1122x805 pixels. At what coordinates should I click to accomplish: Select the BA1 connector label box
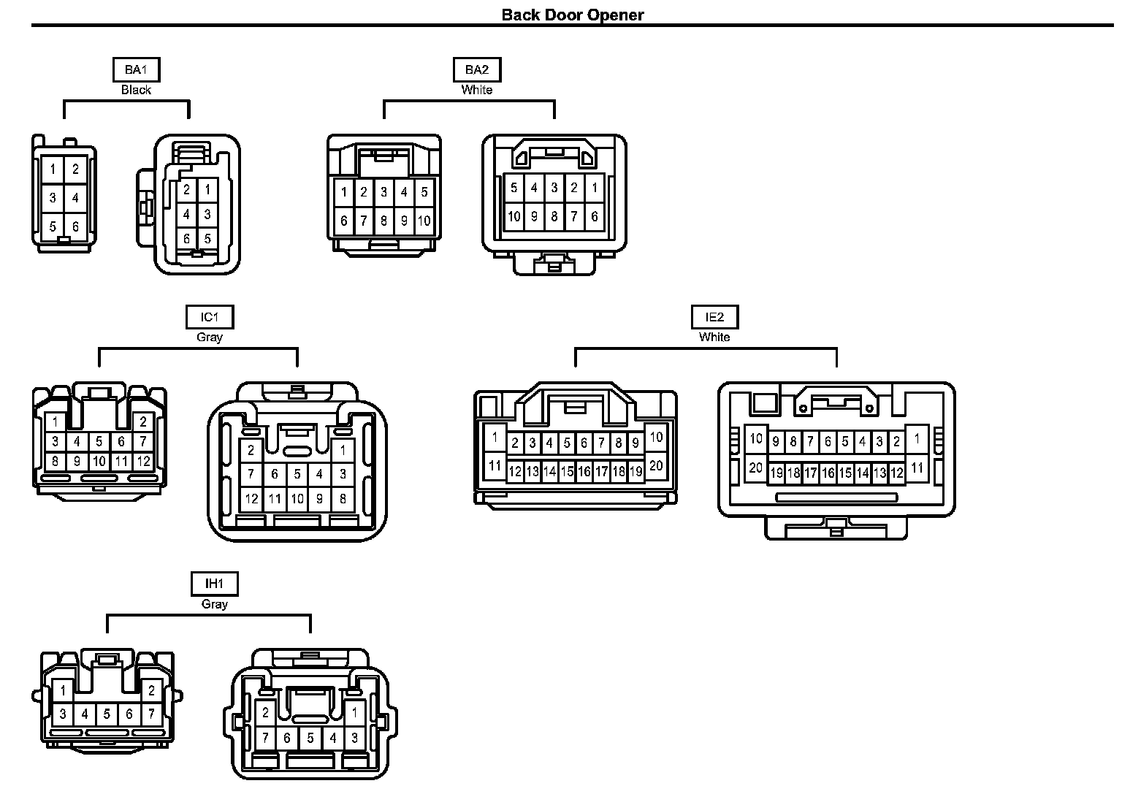pos(136,70)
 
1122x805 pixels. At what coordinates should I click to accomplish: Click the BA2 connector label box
pos(476,70)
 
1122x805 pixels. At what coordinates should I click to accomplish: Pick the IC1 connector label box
pos(209,317)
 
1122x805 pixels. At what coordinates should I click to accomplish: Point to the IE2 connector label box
pos(714,317)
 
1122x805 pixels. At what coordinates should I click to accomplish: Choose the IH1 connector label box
pos(214,584)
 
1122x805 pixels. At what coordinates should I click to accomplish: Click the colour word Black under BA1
pos(136,90)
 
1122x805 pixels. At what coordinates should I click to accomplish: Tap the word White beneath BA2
pos(476,90)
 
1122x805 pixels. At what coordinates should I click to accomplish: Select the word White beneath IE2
pos(714,337)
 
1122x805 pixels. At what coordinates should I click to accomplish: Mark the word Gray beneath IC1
pos(209,337)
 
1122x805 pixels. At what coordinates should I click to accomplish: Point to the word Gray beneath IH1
pos(214,604)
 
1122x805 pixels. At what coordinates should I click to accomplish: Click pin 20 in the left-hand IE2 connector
pos(655,465)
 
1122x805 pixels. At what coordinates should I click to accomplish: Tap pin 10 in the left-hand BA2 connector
pos(424,221)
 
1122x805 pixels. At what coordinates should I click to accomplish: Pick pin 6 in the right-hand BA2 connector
pos(594,216)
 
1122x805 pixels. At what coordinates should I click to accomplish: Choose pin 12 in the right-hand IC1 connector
pos(251,500)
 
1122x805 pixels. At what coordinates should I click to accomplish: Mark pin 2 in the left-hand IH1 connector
pos(151,690)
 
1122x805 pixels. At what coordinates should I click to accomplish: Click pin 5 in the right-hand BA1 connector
pos(207,238)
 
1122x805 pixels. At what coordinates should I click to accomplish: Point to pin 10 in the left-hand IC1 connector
pos(99,462)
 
